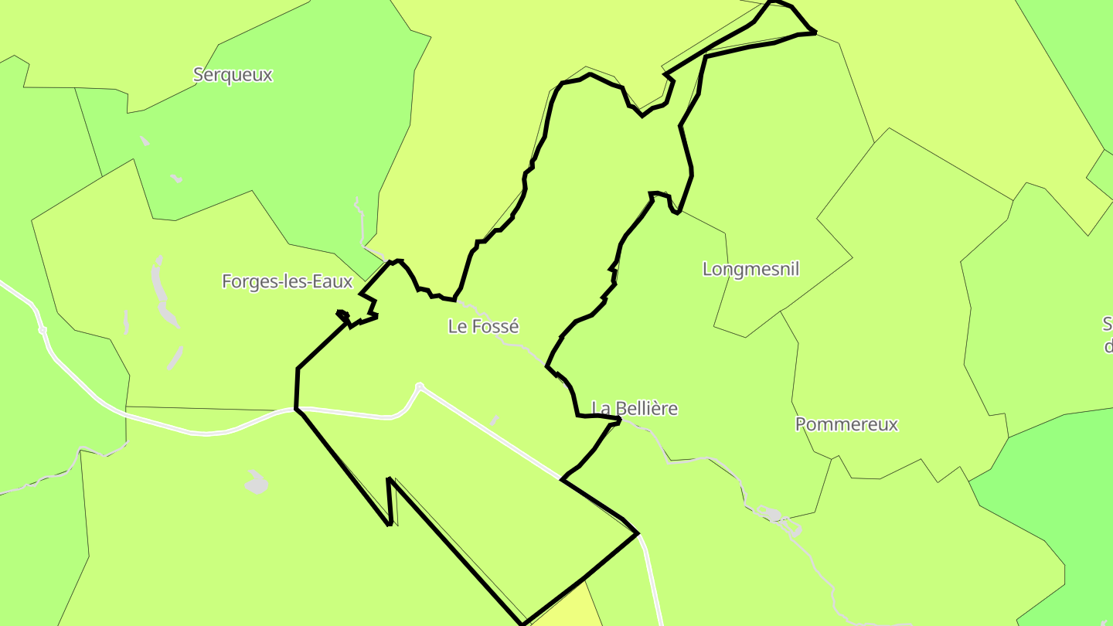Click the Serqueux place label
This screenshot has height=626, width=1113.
point(233,75)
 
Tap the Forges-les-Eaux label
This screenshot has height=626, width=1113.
point(287,281)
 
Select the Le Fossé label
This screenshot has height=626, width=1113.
point(483,326)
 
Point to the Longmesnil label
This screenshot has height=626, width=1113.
point(751,269)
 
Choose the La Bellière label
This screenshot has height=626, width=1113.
point(634,408)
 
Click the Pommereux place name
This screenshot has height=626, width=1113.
point(846,424)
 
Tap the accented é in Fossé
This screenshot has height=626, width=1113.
point(513,326)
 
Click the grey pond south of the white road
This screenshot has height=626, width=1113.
point(256,483)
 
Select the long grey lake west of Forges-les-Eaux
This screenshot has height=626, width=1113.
point(161,290)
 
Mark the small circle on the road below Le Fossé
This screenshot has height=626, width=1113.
point(420,386)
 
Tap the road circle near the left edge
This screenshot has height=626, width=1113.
point(43,330)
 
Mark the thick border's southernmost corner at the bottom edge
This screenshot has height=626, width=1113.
point(523,623)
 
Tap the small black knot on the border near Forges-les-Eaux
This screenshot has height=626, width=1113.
point(343,315)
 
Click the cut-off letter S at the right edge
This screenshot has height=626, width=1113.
point(1108,323)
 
